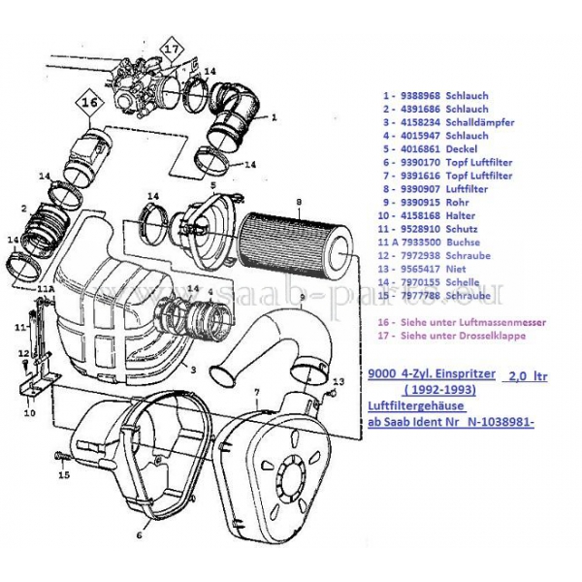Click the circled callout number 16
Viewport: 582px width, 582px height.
[89, 99]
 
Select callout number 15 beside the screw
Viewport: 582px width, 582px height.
[64, 476]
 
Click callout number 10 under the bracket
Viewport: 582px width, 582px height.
[29, 411]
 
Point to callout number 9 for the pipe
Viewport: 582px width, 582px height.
[302, 296]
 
